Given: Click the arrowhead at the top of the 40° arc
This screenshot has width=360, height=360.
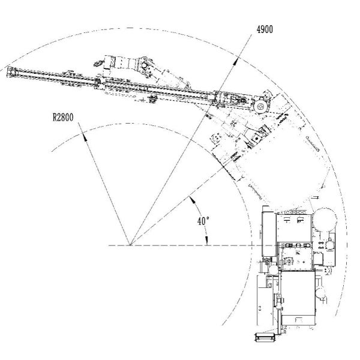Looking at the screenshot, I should tap(191, 199).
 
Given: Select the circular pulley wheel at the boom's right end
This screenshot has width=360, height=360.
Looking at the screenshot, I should tap(260, 106).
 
